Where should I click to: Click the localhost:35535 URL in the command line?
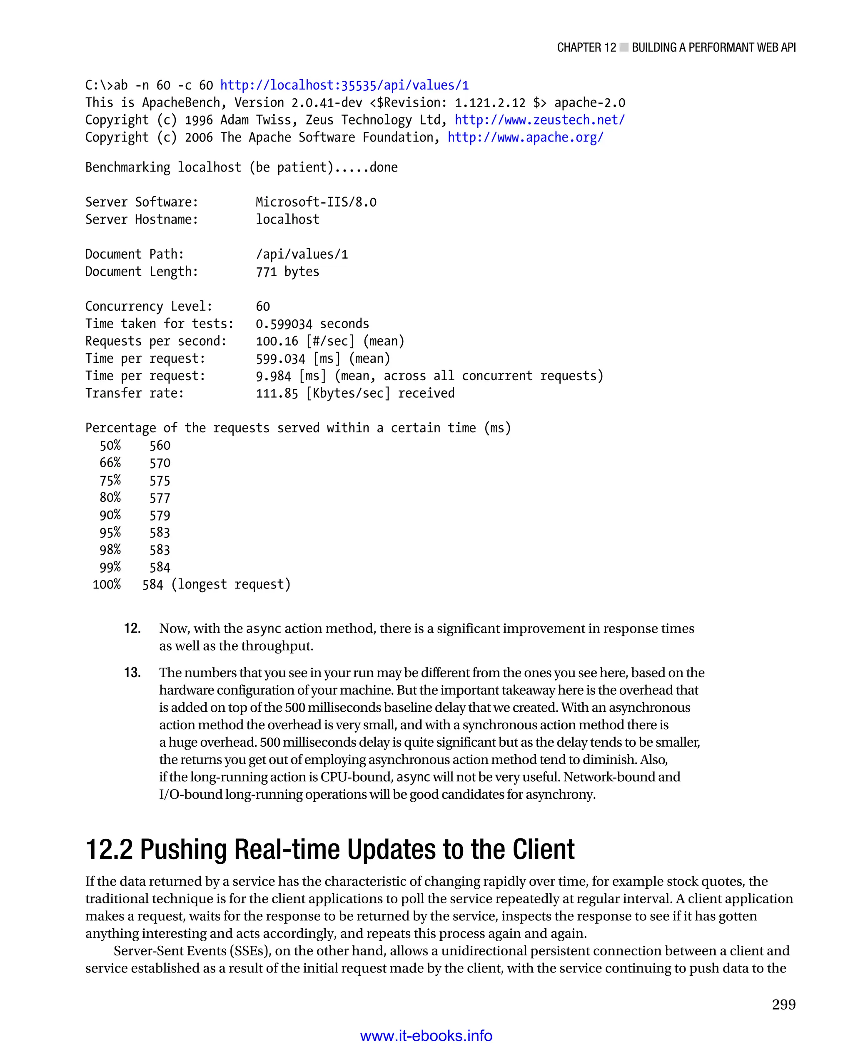[344, 85]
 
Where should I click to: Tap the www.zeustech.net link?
[539, 120]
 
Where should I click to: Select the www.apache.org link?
[525, 137]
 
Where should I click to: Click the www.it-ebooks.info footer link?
[426, 1035]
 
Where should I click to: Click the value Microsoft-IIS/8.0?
[316, 202]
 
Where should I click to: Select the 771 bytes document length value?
[287, 272]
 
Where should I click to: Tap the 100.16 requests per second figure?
[277, 341]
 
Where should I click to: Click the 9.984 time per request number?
[273, 376]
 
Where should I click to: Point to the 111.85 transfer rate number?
[277, 393]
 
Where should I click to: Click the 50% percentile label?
[110, 446]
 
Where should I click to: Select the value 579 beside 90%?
[160, 516]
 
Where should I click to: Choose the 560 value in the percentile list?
[160, 446]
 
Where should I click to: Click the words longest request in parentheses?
[231, 585]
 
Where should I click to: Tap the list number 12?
[132, 628]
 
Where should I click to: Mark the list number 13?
[132, 673]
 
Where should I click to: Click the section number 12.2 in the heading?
[109, 850]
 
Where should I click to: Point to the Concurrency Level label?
[148, 307]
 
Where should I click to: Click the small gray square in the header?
[624, 47]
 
